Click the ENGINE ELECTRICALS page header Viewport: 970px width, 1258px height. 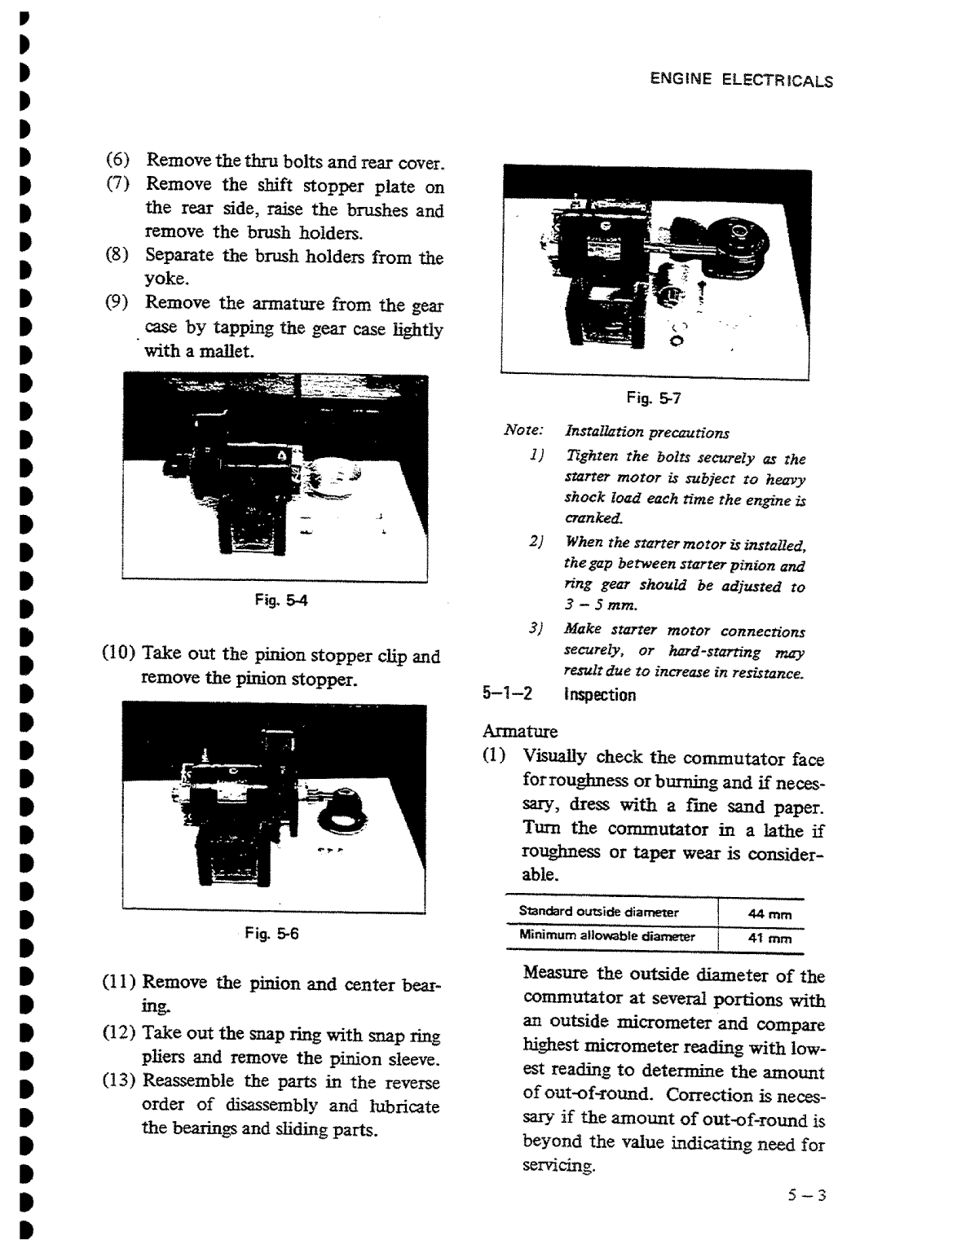741,80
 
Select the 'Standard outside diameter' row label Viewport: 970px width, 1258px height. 598,912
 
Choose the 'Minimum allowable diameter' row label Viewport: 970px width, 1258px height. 606,936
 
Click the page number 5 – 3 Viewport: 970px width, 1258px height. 806,1195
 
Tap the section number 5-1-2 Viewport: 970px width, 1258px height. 507,694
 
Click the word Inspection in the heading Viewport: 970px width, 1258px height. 600,695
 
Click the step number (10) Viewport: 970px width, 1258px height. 118,654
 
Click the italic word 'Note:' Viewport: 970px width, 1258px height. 523,430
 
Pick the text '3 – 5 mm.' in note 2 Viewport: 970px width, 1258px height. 600,605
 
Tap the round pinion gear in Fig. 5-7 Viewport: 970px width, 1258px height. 742,240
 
